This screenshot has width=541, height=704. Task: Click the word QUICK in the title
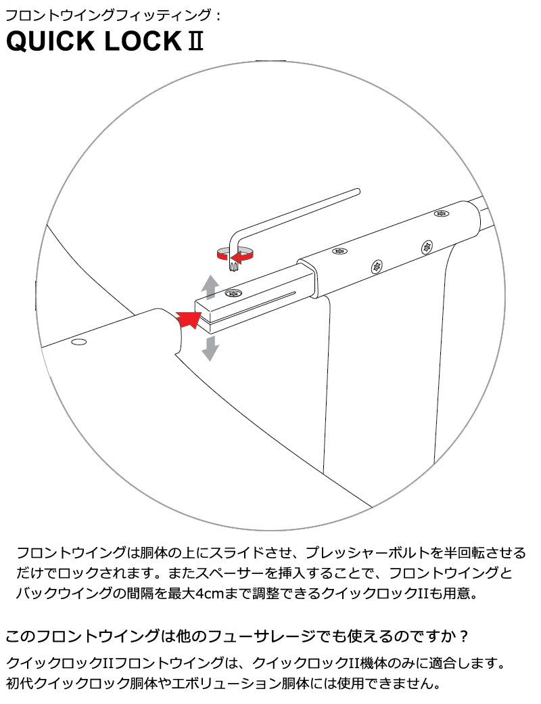coord(50,41)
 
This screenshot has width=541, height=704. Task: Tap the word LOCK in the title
coord(143,41)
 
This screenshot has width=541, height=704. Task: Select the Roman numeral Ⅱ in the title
coord(195,41)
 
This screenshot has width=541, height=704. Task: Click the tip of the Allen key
coord(233,269)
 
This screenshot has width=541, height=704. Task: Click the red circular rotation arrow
coord(235,255)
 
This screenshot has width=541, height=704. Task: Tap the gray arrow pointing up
coord(210,287)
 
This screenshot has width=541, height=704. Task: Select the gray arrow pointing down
coord(210,348)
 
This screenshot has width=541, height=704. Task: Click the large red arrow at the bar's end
coord(189,318)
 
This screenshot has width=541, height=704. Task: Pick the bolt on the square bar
coord(233,293)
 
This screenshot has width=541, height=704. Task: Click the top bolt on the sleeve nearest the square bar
coord(339,250)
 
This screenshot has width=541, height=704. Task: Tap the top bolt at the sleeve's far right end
coord(442,213)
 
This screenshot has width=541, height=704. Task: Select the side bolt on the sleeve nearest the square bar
coord(377,267)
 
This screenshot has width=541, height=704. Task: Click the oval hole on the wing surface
coord(79,342)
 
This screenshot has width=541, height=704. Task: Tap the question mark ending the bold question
coord(465,636)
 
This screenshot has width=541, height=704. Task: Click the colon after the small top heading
coord(218,16)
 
